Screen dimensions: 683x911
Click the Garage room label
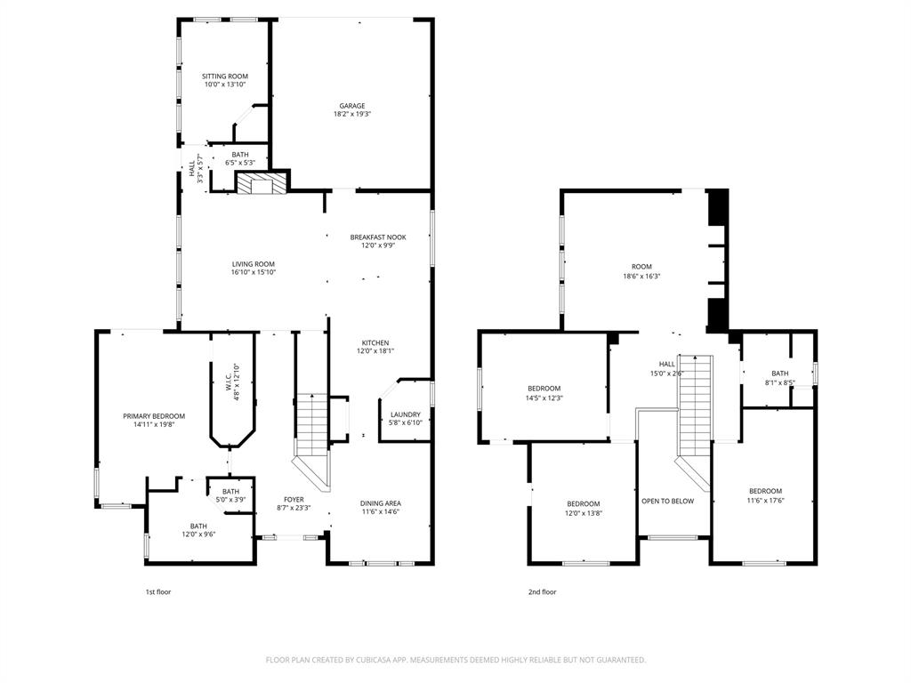click(x=351, y=106)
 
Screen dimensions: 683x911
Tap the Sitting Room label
click(x=225, y=76)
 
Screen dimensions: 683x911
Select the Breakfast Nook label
click(x=378, y=237)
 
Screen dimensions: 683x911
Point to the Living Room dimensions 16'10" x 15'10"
click(x=254, y=273)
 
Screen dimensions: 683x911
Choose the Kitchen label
click(x=375, y=342)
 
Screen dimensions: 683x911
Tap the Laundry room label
click(x=406, y=414)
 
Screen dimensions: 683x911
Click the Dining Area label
click(x=380, y=503)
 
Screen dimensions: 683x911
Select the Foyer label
click(x=294, y=499)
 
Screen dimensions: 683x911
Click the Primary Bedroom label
click(x=154, y=416)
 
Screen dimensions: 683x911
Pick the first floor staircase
click(x=312, y=425)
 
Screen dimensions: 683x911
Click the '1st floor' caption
click(x=157, y=591)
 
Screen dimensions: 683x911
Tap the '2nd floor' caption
click(x=542, y=591)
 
